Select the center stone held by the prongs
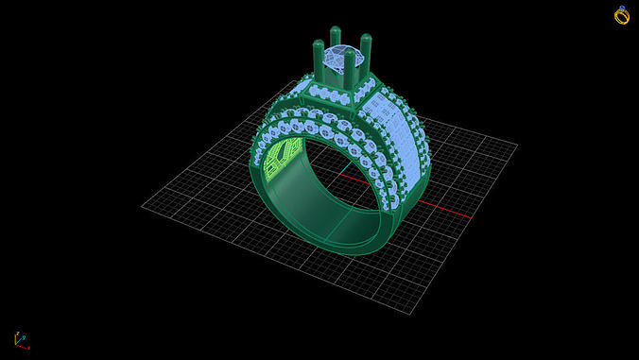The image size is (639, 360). [338, 60]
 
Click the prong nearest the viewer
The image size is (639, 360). [350, 68]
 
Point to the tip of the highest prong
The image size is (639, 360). [336, 30]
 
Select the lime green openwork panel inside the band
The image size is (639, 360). [280, 157]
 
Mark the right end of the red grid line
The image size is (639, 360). [470, 215]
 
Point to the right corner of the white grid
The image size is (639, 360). [517, 145]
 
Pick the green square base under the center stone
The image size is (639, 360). [342, 88]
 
